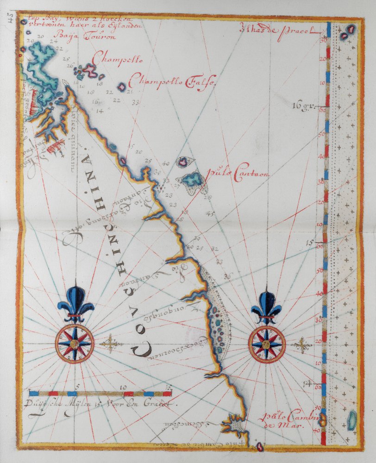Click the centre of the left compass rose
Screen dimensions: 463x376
click(x=75, y=344)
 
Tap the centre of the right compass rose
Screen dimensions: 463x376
click(x=266, y=344)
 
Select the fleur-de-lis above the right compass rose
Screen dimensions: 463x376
click(x=266, y=306)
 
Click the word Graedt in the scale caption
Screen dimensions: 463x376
click(x=164, y=403)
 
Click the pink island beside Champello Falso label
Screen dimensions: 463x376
click(x=122, y=87)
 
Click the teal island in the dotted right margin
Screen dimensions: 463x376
click(x=352, y=419)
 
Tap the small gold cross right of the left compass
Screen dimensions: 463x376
click(x=110, y=344)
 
